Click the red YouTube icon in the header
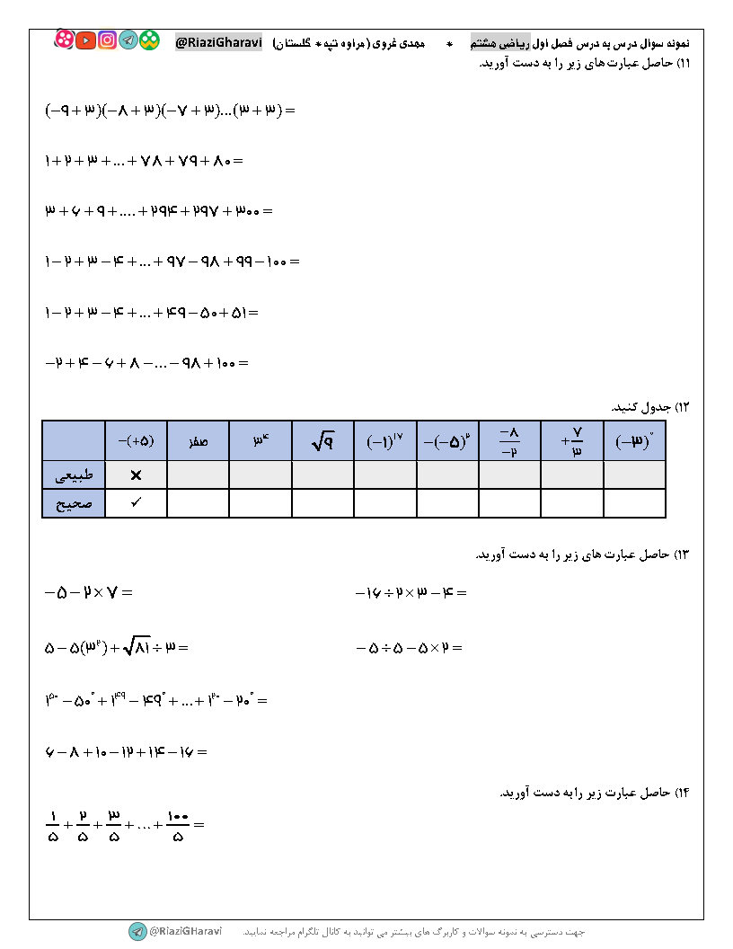(x=85, y=40)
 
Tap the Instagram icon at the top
(x=107, y=40)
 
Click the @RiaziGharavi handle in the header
(x=218, y=41)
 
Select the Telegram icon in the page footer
(x=137, y=932)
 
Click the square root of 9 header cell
(x=322, y=440)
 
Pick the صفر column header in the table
(x=198, y=441)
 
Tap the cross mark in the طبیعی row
(x=136, y=474)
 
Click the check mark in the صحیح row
(x=136, y=503)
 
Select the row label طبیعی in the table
(x=74, y=474)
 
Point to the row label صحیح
(x=74, y=503)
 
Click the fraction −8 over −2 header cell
(x=509, y=440)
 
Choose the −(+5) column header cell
(x=136, y=440)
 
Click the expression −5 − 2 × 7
(x=88, y=593)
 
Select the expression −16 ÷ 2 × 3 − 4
(x=411, y=593)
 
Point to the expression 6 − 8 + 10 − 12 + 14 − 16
(x=126, y=751)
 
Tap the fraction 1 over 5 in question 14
(x=51, y=824)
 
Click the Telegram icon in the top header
(x=128, y=40)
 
